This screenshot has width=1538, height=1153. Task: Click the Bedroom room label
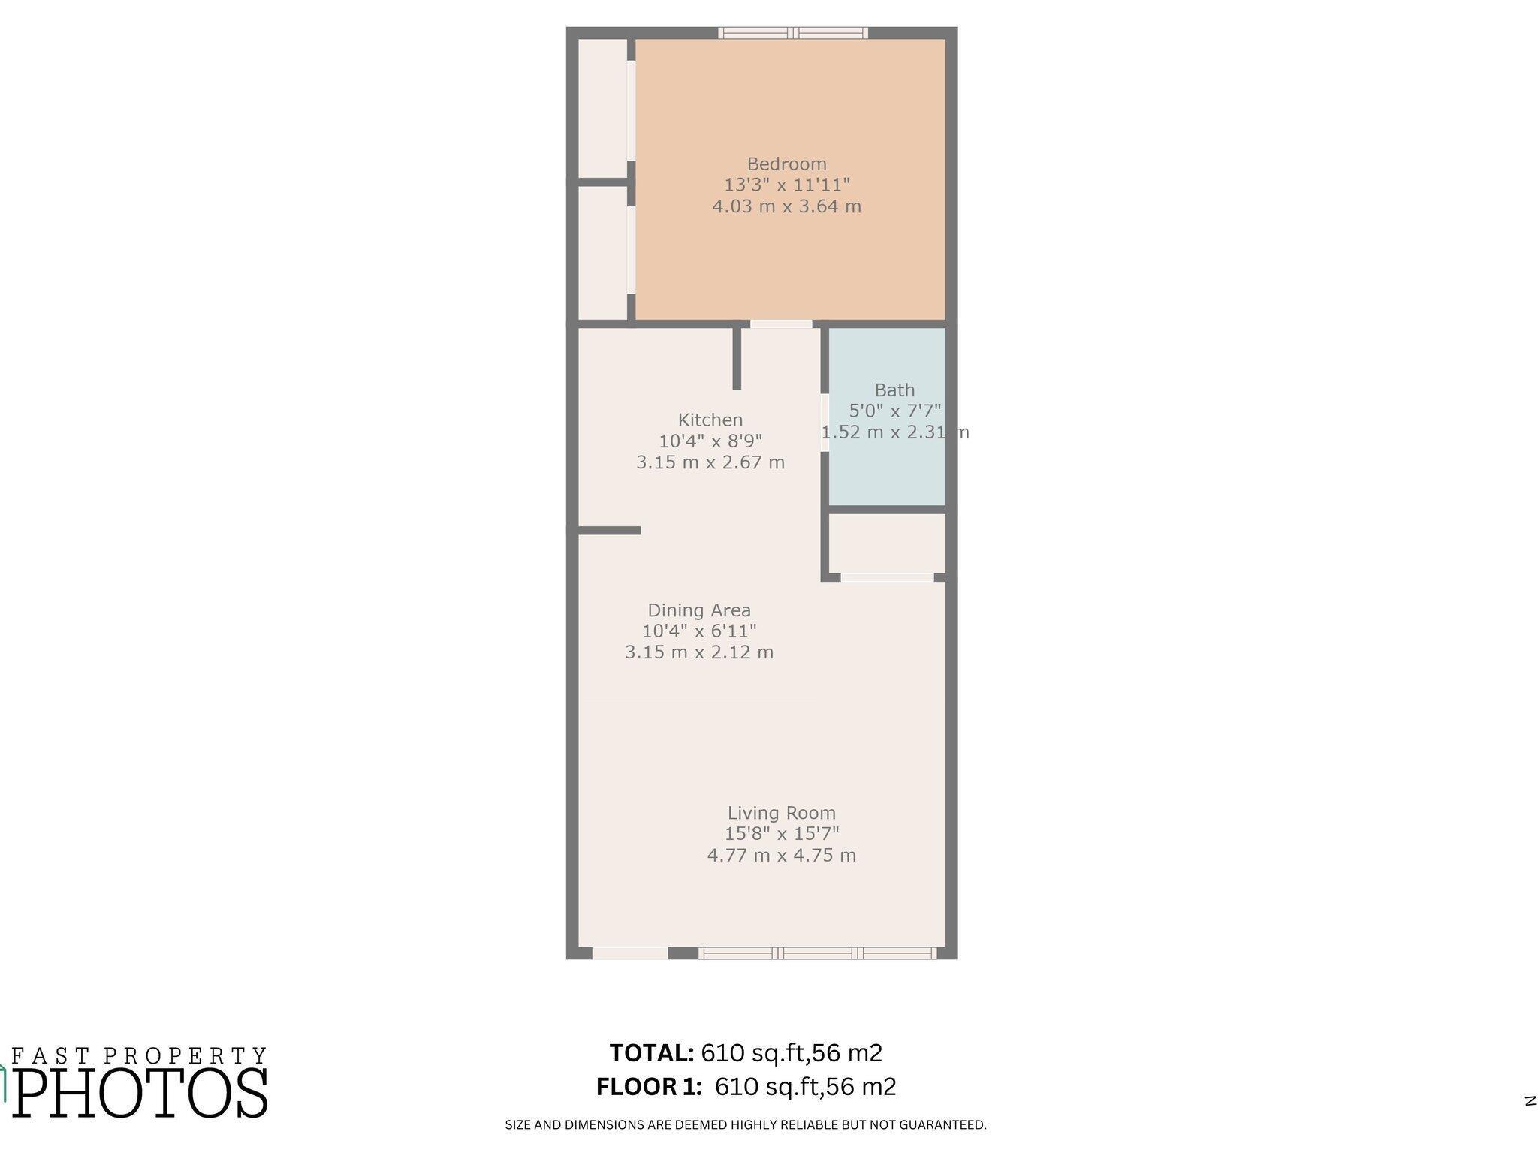pyautogui.click(x=786, y=164)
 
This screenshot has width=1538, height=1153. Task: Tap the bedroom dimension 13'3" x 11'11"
pyautogui.click(x=786, y=185)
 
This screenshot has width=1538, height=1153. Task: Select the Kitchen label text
pyautogui.click(x=710, y=420)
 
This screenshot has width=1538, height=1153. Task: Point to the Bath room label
pyautogui.click(x=894, y=390)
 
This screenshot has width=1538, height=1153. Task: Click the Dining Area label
pyautogui.click(x=699, y=611)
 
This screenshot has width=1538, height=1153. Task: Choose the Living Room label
pyautogui.click(x=781, y=814)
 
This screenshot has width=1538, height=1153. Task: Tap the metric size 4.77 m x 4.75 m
pyautogui.click(x=781, y=856)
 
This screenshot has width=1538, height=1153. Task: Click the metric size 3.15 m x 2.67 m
pyautogui.click(x=710, y=462)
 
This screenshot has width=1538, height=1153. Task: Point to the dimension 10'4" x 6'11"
pyautogui.click(x=699, y=631)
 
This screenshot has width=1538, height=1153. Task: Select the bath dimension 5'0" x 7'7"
pyautogui.click(x=894, y=411)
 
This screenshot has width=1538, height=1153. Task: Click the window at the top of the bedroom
pyautogui.click(x=793, y=33)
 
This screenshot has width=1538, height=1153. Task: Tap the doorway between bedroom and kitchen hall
pyautogui.click(x=781, y=324)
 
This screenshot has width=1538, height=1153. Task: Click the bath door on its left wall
pyautogui.click(x=825, y=423)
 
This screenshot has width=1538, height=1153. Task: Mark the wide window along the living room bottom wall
pyautogui.click(x=817, y=953)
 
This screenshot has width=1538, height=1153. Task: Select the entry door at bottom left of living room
pyautogui.click(x=630, y=953)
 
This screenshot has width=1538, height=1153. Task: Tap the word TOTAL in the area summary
pyautogui.click(x=652, y=1053)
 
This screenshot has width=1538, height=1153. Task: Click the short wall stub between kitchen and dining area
pyautogui.click(x=609, y=531)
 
